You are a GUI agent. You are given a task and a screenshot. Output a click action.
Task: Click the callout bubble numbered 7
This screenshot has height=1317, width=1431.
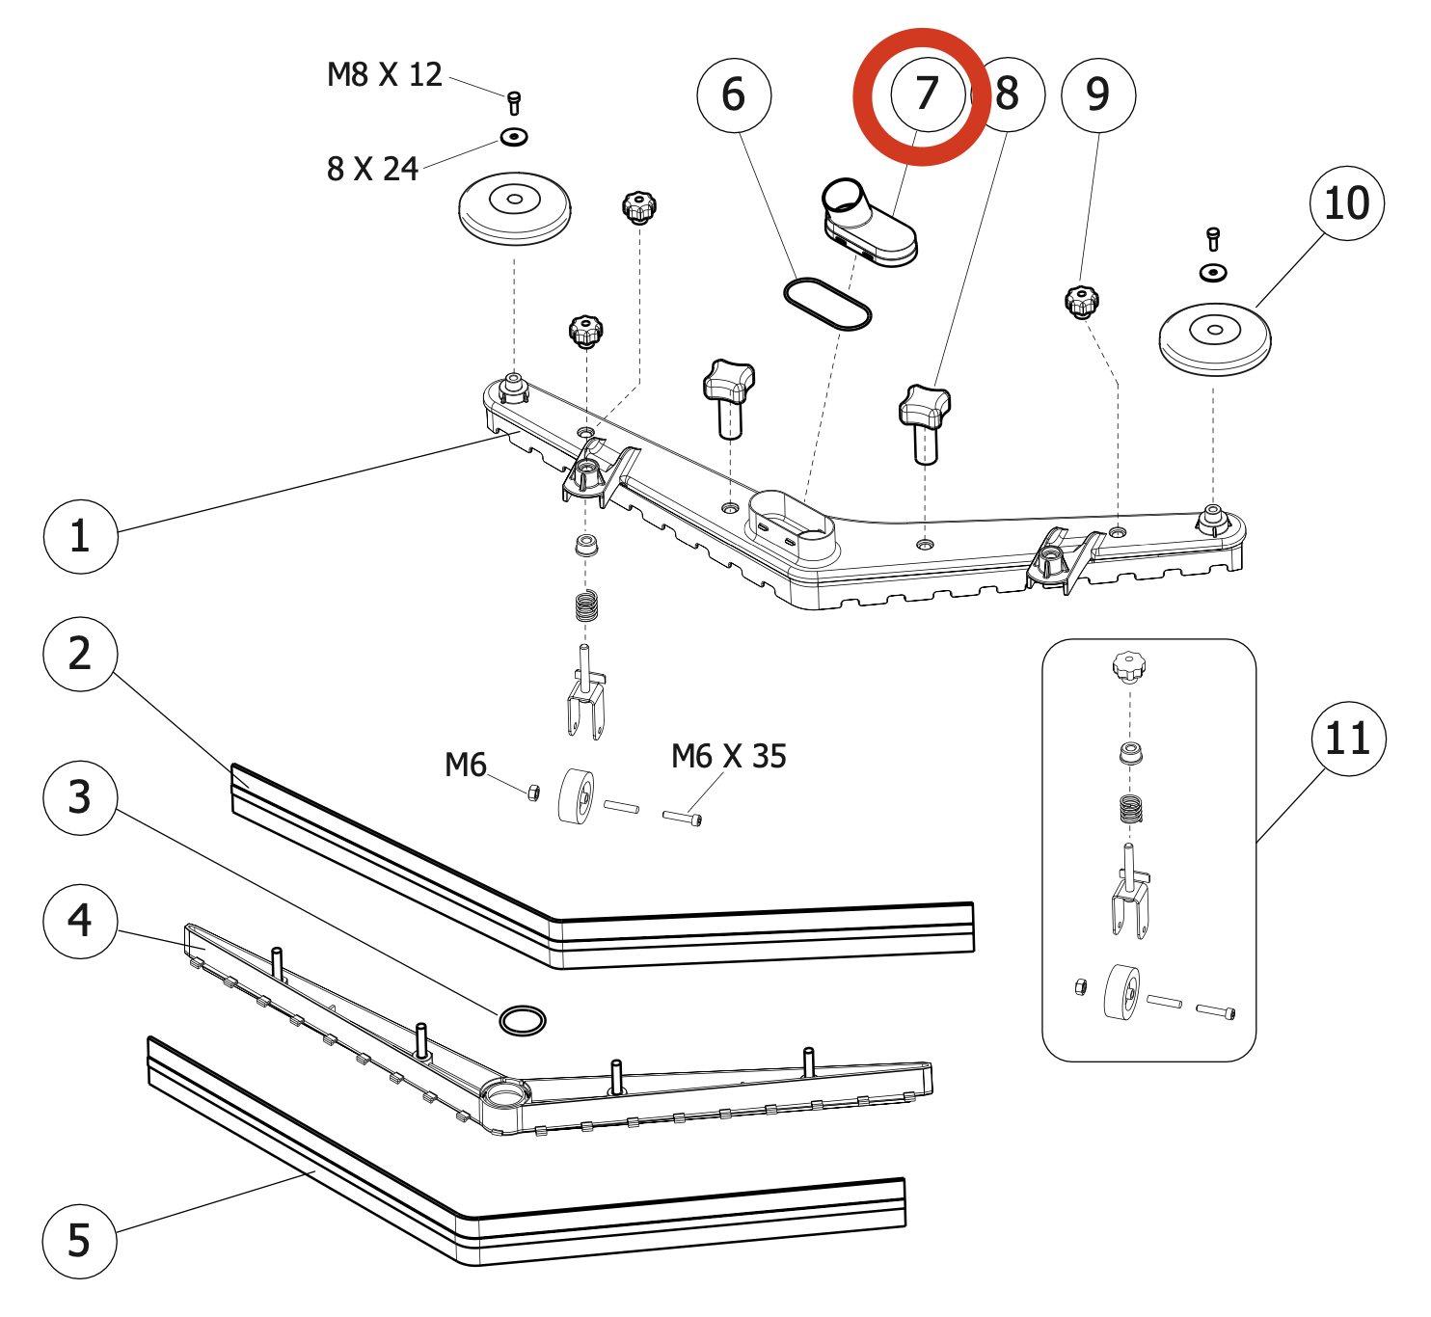928,94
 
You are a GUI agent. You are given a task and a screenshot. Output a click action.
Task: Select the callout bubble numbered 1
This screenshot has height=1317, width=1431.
80,536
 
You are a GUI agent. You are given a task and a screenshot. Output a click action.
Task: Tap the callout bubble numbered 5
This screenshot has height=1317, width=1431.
79,1241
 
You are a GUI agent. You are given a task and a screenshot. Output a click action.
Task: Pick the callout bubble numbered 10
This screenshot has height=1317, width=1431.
1347,203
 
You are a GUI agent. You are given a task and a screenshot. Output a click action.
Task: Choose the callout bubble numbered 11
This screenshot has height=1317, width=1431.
1348,739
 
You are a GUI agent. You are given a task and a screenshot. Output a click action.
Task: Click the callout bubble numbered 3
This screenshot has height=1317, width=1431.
80,797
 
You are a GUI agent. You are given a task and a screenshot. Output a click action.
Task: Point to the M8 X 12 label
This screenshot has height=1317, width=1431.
385,75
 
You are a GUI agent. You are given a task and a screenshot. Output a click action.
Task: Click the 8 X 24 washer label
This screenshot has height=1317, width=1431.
372,169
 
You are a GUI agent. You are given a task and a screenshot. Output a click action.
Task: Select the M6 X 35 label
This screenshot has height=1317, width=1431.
728,756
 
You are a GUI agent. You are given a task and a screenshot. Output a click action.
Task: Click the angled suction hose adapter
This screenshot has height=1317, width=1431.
868,225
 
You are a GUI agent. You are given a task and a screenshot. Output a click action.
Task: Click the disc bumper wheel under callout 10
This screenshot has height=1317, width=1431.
1215,339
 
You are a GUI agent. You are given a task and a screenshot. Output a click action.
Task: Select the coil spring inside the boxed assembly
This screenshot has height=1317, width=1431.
1131,808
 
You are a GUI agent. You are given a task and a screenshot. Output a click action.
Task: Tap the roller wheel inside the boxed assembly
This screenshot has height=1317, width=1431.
1120,992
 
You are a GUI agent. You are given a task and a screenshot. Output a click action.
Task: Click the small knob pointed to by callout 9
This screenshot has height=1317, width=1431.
1082,302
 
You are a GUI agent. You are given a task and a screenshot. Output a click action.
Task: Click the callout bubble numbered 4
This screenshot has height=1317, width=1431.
80,921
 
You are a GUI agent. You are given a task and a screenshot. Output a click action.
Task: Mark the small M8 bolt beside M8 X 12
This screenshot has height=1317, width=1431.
514,103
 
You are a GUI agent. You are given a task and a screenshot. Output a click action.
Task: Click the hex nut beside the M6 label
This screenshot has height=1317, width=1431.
533,793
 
